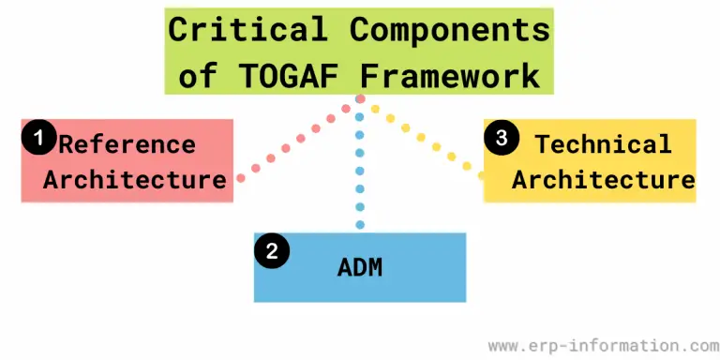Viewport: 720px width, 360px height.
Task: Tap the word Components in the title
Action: [449, 30]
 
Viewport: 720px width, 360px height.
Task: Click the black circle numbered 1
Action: [38, 139]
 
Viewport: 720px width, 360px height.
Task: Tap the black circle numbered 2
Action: [272, 250]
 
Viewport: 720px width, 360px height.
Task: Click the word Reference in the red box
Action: [127, 144]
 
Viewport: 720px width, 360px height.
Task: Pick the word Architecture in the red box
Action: [135, 179]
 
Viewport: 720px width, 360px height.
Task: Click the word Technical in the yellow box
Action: [603, 144]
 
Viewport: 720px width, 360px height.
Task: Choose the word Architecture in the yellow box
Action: [604, 179]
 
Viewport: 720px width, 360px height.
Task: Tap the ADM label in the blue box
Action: [361, 269]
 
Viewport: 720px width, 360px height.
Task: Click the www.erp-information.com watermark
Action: [597, 344]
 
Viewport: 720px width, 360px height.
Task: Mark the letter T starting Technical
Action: [542, 144]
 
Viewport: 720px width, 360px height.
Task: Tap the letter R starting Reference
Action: [67, 144]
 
